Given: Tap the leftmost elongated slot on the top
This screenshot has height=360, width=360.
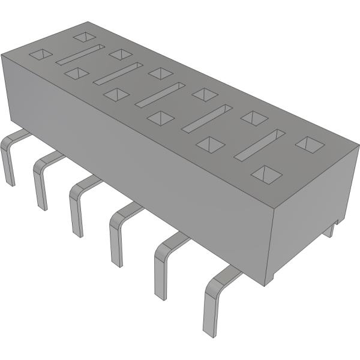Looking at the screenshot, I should (x=80, y=55).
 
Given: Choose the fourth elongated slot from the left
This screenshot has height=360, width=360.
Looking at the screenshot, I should (x=207, y=118).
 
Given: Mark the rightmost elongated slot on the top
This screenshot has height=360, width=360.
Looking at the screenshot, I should (x=259, y=145).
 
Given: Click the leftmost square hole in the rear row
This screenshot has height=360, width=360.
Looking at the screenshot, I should (x=84, y=37).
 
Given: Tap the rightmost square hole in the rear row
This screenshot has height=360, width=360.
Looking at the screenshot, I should (x=310, y=144).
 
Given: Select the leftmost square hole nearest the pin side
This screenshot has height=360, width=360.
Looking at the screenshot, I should (x=41, y=55).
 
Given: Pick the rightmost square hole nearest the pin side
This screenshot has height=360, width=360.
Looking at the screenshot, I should (x=266, y=174).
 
